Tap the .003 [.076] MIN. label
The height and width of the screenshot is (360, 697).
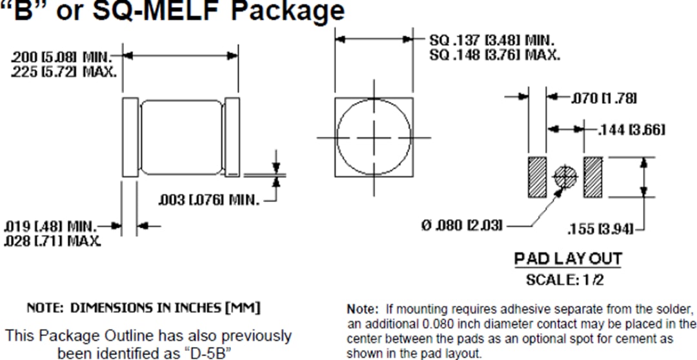pyautogui.click(x=209, y=201)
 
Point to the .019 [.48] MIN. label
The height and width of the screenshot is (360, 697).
pyautogui.click(x=50, y=226)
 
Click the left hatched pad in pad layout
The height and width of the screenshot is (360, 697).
pyautogui.click(x=538, y=177)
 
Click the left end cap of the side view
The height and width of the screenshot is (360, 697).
pyautogui.click(x=130, y=137)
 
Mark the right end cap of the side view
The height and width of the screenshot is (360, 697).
pyautogui.click(x=231, y=137)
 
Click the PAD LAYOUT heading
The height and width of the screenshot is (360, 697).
pyautogui.click(x=568, y=259)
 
